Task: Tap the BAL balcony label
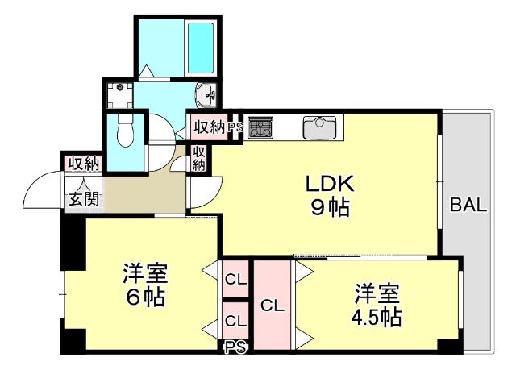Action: coord(468,205)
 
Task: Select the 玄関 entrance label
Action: coord(82,197)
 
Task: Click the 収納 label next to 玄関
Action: coord(82,164)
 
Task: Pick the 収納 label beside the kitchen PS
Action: coord(207,127)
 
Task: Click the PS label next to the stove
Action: coord(235,127)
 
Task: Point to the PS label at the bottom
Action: coord(235,347)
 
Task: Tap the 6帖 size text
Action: coord(145,297)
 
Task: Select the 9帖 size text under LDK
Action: coord(330,208)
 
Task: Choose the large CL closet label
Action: coord(273,306)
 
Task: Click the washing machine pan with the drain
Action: coord(119,95)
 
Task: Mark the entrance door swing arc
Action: coord(42,192)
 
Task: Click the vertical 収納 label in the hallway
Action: coord(199,158)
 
